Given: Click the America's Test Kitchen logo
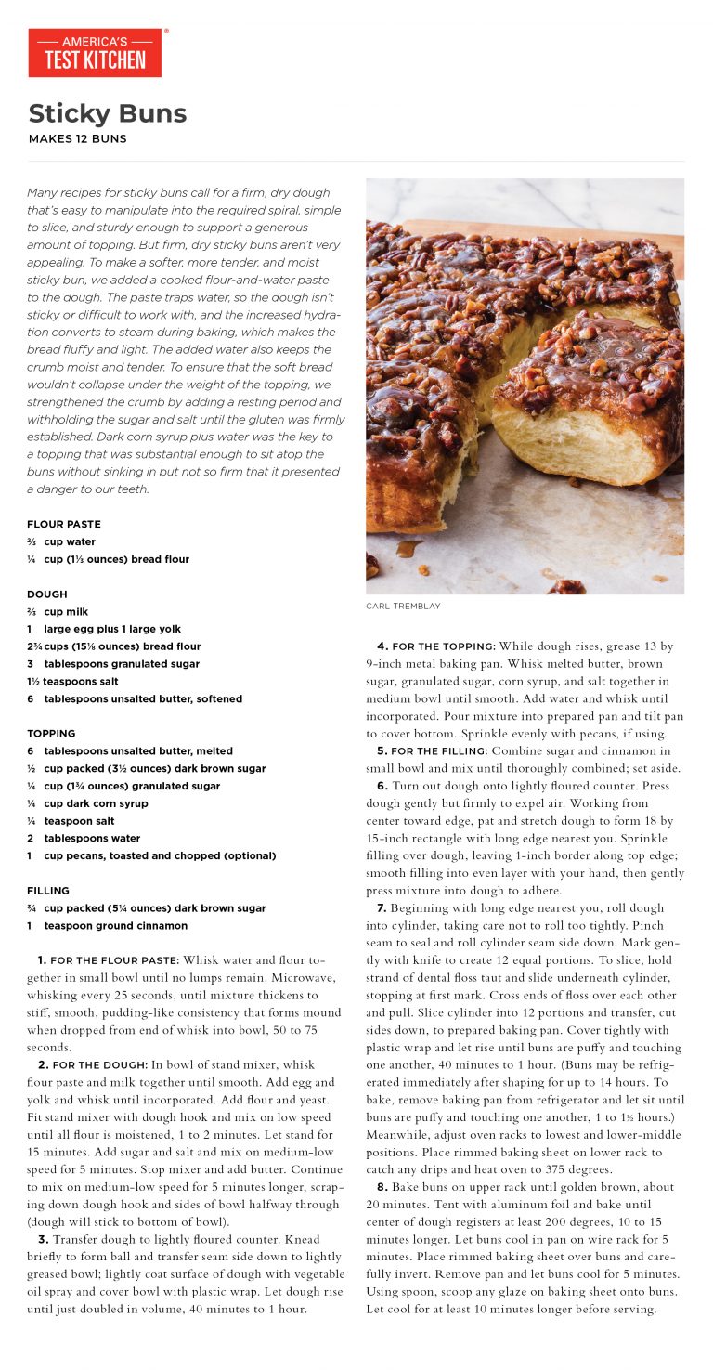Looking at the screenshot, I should pos(95,53).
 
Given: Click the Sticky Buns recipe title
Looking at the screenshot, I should pos(108,113).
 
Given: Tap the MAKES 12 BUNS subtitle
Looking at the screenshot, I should pos(77,139).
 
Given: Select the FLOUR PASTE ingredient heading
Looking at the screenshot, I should pos(64,524).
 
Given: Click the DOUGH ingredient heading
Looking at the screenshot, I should pos(47,594).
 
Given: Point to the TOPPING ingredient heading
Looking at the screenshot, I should pos(51,734).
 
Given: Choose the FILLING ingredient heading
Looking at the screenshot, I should pos(47,891).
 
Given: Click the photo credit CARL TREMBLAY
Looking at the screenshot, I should pos(403,607).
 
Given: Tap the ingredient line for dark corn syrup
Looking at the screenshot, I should pos(96,803).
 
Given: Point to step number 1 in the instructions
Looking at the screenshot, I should pos(42,959).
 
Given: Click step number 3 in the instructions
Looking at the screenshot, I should pos(43,1239).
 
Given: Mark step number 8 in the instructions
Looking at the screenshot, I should pos(382,1187).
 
